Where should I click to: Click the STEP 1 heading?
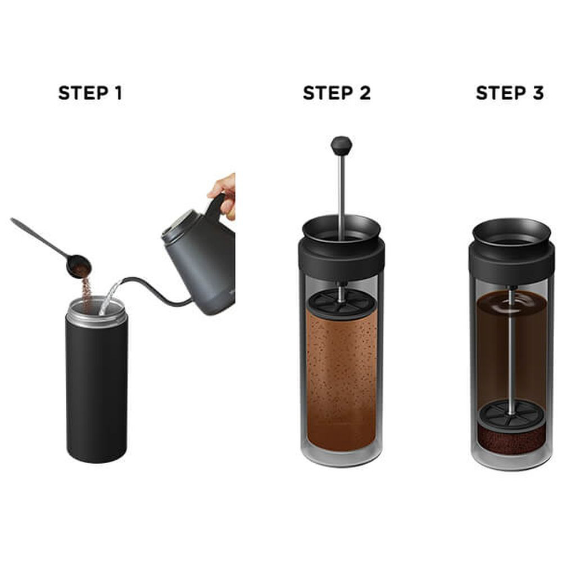point(90,93)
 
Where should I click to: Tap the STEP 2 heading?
point(337,93)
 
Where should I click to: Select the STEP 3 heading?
point(510,93)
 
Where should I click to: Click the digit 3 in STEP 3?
point(538,93)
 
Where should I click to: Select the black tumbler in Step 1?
point(97,380)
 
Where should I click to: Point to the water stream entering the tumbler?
point(110,297)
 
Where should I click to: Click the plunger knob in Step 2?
point(341,146)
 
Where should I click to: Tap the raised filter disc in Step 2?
point(342,303)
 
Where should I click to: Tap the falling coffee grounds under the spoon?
point(86,292)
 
